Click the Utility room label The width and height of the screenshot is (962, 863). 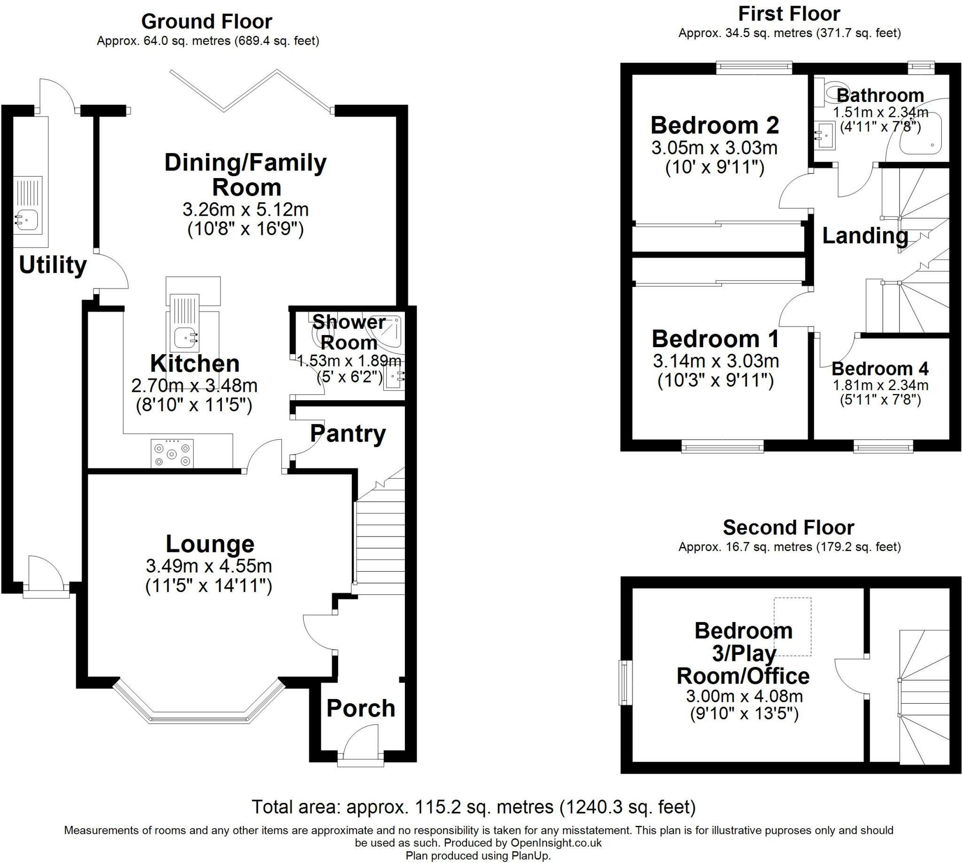tap(53, 265)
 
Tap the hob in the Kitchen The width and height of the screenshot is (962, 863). tap(172, 454)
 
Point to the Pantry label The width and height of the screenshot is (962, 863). tap(348, 434)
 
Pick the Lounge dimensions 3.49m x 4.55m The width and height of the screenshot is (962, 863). tap(209, 566)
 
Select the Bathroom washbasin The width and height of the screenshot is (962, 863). tap(825, 136)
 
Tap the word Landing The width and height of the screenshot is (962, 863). tap(865, 236)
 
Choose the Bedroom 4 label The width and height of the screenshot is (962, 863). tap(880, 368)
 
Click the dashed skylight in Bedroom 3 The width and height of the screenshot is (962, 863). tap(793, 626)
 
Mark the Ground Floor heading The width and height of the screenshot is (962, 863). tap(207, 22)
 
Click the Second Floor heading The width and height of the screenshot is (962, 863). tap(789, 527)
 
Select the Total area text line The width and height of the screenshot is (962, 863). tap(473, 807)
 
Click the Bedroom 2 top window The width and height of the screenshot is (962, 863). tap(754, 67)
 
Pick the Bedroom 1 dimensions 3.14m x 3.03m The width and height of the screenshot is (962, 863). tap(716, 361)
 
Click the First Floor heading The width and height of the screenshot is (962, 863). tap(790, 14)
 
